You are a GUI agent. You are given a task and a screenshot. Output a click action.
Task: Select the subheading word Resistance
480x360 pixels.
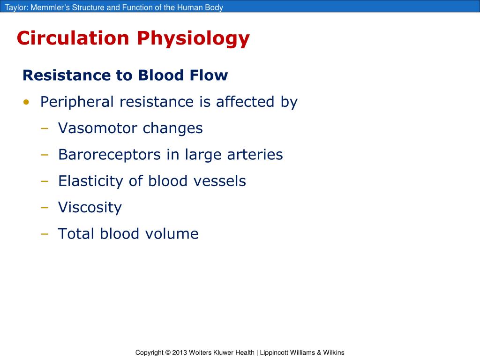63,75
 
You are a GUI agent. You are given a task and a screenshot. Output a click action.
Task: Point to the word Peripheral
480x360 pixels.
77,102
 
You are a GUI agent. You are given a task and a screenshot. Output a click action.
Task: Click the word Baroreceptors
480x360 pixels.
109,155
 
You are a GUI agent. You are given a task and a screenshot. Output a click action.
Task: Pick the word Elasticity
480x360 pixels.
91,181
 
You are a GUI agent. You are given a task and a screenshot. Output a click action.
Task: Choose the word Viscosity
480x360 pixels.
90,208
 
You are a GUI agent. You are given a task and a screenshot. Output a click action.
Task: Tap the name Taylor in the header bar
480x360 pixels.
15,7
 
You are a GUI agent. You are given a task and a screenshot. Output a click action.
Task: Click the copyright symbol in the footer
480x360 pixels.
168,352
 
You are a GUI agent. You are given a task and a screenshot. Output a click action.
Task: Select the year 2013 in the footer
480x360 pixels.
180,352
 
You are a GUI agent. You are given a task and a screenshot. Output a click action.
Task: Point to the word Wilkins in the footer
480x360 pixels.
334,352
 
